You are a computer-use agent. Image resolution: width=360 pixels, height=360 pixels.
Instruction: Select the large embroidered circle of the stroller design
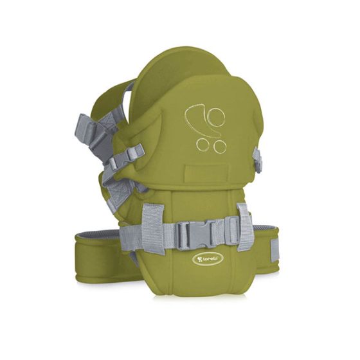[x=216, y=116]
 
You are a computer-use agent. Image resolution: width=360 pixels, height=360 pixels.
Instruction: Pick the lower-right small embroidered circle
[x=219, y=146]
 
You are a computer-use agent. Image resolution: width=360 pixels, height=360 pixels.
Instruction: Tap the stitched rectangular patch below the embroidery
[x=207, y=173]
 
